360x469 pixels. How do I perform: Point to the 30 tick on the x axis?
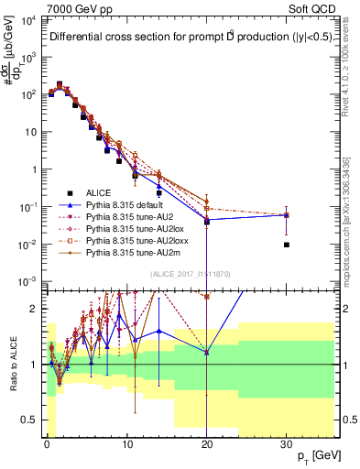pyautogui.click(x=287, y=442)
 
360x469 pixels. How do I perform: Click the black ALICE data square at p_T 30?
pyautogui.click(x=287, y=245)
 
